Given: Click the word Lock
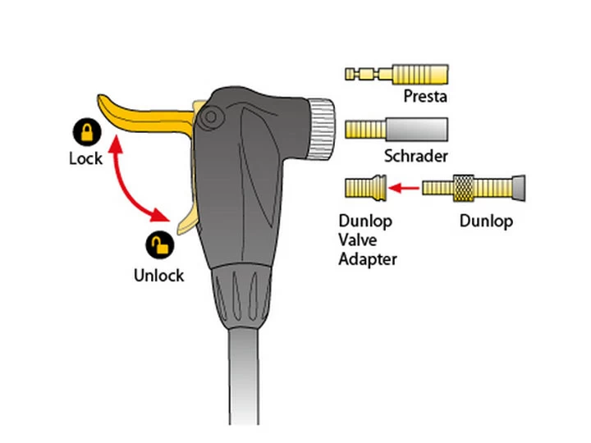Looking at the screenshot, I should [85, 158].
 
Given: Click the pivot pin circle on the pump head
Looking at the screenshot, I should [212, 116].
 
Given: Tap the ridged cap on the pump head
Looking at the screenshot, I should [321, 129].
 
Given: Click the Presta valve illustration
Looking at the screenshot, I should [396, 74].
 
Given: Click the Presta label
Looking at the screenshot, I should [424, 97].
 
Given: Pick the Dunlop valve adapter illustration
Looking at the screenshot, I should [365, 190].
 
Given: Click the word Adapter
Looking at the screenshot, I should [368, 259].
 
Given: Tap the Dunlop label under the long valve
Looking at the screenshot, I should [486, 221].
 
